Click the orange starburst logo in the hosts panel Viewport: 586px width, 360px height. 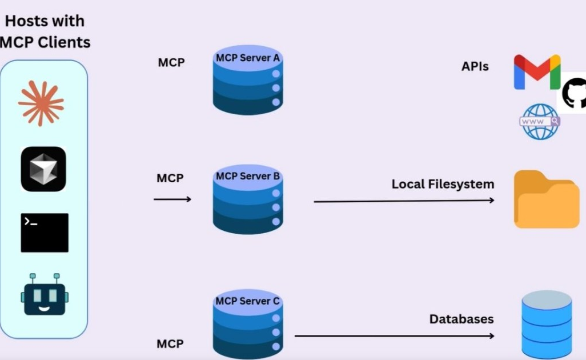41,103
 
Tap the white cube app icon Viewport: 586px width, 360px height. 43,169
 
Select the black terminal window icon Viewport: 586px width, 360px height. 45,233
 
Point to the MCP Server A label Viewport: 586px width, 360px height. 247,58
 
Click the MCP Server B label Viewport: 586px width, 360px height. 247,177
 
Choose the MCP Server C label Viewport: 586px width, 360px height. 247,301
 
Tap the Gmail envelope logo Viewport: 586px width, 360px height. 536,73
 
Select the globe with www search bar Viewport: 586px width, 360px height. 539,121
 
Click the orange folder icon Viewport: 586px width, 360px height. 547,199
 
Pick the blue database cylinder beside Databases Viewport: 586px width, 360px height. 547,324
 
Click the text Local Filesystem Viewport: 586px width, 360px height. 443,185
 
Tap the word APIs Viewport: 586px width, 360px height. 475,66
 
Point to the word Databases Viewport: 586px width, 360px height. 461,319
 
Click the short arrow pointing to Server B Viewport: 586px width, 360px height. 172,199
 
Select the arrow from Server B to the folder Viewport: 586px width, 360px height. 404,201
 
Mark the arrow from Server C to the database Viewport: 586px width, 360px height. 394,336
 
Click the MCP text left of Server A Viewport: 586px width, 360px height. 171,62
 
